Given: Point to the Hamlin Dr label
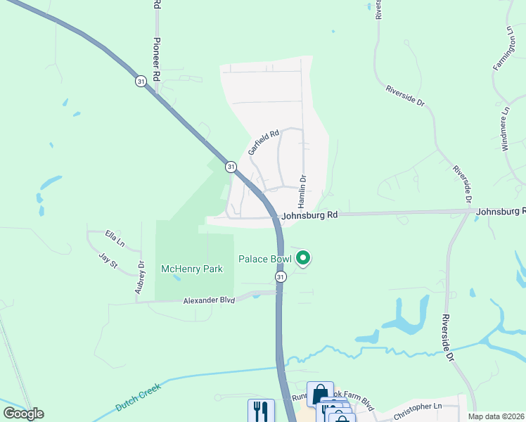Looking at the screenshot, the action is coord(302,191).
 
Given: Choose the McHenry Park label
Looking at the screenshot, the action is coord(192,269).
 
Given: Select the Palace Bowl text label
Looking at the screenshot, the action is coord(264,259).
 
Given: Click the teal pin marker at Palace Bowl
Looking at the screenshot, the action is coord(303,259).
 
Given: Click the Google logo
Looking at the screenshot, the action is coord(24,413).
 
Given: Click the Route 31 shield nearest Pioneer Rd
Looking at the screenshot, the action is coord(141,82).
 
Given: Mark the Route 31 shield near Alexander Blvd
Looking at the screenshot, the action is coord(281,278).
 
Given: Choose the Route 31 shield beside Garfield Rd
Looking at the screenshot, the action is coord(231,167).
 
